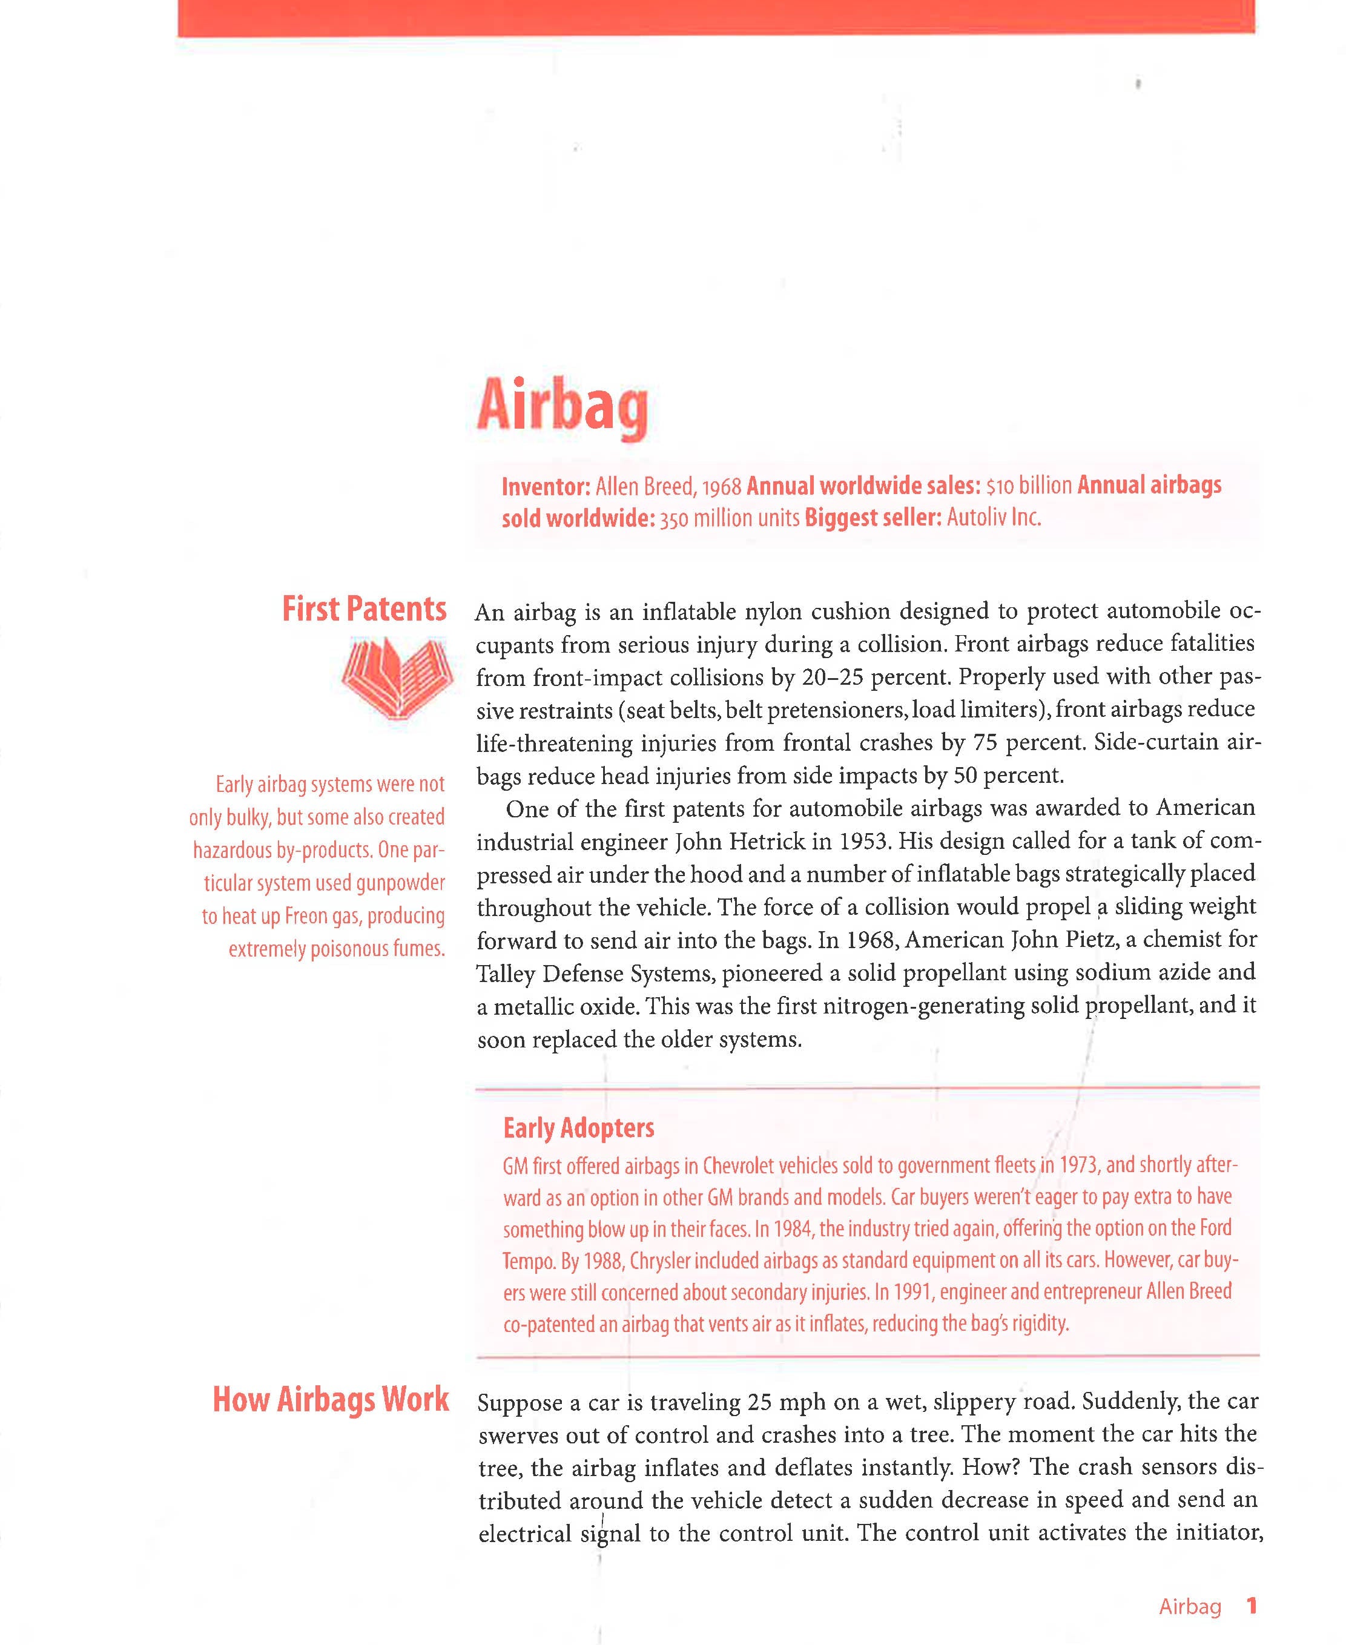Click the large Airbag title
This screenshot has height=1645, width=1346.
(562, 406)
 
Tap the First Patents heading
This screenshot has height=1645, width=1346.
(364, 609)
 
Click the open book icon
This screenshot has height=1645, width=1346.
(397, 677)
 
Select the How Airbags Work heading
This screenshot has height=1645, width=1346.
(331, 1399)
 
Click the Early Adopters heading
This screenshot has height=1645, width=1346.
(578, 1128)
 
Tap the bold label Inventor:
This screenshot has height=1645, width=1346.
(546, 487)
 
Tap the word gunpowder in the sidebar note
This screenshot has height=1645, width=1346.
(400, 883)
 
